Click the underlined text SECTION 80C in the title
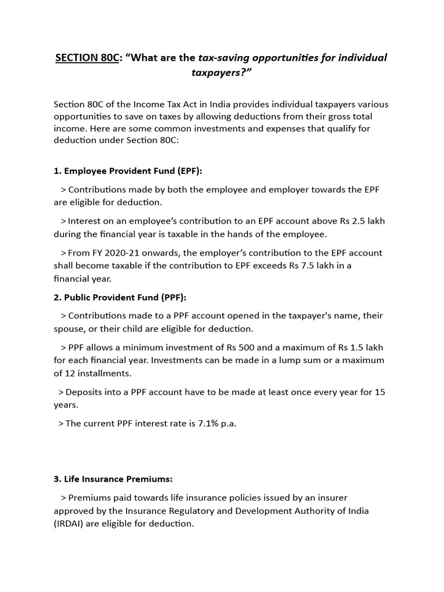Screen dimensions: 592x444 [86, 58]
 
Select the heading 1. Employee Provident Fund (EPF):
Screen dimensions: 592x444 [128, 171]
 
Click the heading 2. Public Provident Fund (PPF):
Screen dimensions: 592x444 [120, 297]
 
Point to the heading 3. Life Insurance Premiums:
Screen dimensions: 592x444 [113, 479]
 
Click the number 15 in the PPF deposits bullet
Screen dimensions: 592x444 [379, 392]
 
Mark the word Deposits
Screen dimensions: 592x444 [86, 392]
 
